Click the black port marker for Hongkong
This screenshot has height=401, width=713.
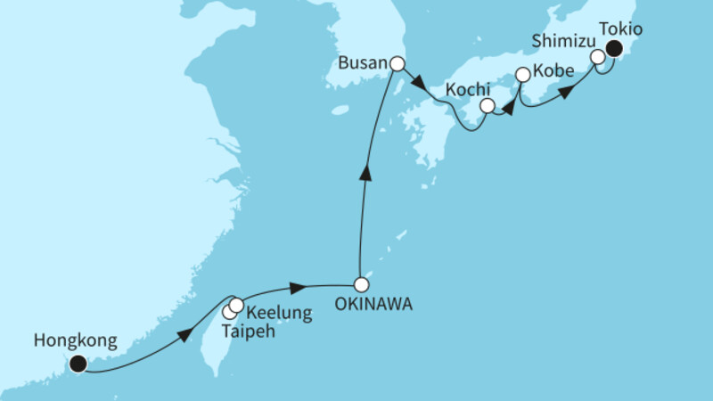click(x=78, y=363)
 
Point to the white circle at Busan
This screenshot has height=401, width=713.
click(x=397, y=63)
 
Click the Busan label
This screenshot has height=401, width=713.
click(x=363, y=63)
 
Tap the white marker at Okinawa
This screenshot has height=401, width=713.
click(x=361, y=285)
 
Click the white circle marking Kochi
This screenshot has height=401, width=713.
click(x=487, y=106)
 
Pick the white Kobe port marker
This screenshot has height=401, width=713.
click(x=523, y=75)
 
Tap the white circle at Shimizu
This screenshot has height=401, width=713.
click(x=599, y=58)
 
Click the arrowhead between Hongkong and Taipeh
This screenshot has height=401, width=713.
click(x=184, y=335)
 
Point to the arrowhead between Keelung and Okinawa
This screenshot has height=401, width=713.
click(x=300, y=287)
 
